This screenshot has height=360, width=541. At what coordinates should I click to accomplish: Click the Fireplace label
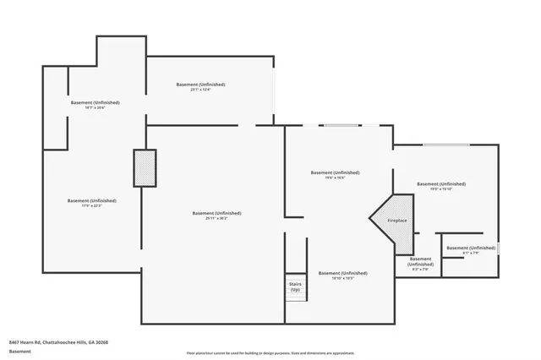[x=397, y=221]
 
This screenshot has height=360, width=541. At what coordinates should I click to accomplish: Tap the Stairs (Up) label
[x=296, y=286]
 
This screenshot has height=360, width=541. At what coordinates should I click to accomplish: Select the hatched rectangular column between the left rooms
[x=145, y=167]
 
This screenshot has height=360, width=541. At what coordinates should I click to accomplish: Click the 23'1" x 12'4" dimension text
[x=200, y=90]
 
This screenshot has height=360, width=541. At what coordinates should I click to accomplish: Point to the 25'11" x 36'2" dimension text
[x=216, y=218]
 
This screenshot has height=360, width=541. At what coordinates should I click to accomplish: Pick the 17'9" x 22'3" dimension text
[x=92, y=205]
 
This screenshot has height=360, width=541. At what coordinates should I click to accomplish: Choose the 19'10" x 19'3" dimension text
[x=342, y=278]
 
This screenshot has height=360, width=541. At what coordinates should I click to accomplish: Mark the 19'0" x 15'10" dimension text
[x=440, y=189]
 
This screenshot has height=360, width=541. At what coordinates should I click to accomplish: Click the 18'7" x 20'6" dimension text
[x=95, y=107]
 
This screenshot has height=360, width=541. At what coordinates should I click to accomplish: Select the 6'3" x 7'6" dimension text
[x=420, y=270]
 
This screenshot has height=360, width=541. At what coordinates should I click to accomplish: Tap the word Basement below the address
[x=19, y=351]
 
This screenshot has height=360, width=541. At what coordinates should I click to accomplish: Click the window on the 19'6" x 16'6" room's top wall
[x=342, y=126]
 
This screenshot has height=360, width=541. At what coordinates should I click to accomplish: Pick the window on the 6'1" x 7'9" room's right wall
[x=499, y=248]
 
